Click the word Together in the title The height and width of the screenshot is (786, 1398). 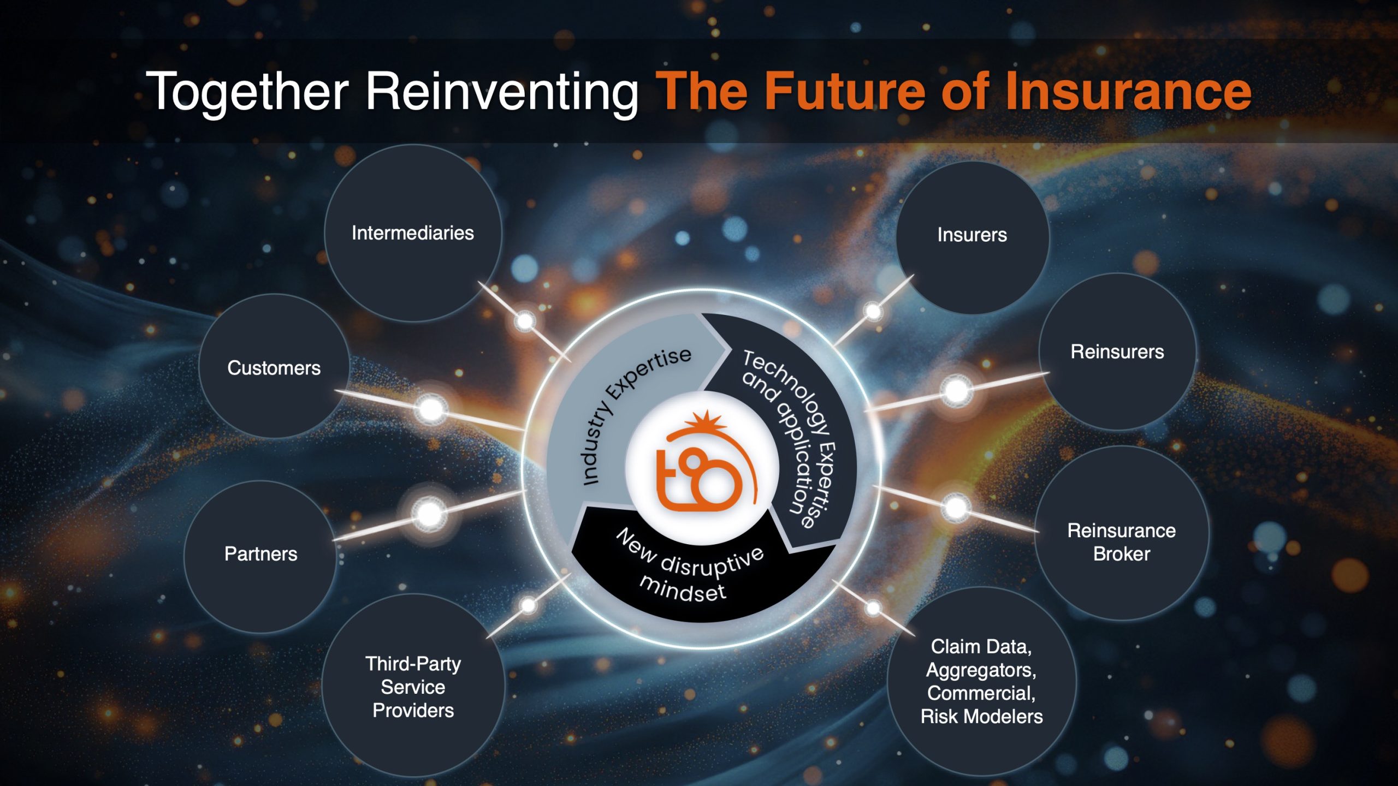click(247, 91)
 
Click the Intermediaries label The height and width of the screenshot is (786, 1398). click(413, 233)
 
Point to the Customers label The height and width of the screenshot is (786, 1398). click(274, 368)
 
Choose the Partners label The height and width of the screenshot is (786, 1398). click(261, 554)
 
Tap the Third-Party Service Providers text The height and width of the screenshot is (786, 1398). click(413, 687)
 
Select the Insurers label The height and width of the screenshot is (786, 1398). click(972, 235)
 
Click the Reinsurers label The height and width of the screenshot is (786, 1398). click(1117, 352)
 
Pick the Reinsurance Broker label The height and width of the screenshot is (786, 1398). click(1122, 542)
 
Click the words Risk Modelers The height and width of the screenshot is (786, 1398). click(982, 716)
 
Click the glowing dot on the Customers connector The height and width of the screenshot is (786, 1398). click(431, 409)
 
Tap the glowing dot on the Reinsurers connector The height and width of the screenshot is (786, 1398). click(956, 391)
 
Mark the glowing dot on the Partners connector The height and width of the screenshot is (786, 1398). click(429, 514)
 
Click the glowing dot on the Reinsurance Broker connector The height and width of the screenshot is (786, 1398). click(956, 508)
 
